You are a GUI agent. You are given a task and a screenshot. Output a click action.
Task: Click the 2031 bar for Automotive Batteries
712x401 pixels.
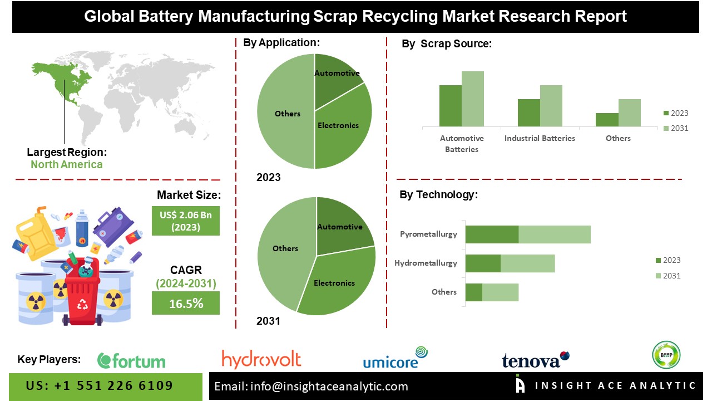click(x=473, y=99)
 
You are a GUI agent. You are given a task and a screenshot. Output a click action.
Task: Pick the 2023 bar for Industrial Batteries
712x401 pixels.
click(x=528, y=113)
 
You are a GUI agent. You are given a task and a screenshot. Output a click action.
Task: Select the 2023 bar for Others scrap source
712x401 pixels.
click(x=607, y=120)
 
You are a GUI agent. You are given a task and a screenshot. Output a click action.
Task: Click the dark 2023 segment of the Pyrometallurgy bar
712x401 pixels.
click(x=492, y=234)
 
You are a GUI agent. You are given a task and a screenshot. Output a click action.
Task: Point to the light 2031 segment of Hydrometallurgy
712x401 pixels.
click(x=527, y=263)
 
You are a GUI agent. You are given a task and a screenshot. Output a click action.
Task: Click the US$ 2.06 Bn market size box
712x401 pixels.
click(x=185, y=221)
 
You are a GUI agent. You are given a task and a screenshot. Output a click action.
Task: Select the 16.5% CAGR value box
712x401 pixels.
click(x=185, y=304)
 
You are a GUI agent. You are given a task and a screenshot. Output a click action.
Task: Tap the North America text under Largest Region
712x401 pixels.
click(x=67, y=164)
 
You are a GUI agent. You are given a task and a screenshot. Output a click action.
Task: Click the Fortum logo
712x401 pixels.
click(x=131, y=361)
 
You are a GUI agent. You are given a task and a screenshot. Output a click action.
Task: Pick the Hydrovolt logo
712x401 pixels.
click(x=261, y=359)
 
